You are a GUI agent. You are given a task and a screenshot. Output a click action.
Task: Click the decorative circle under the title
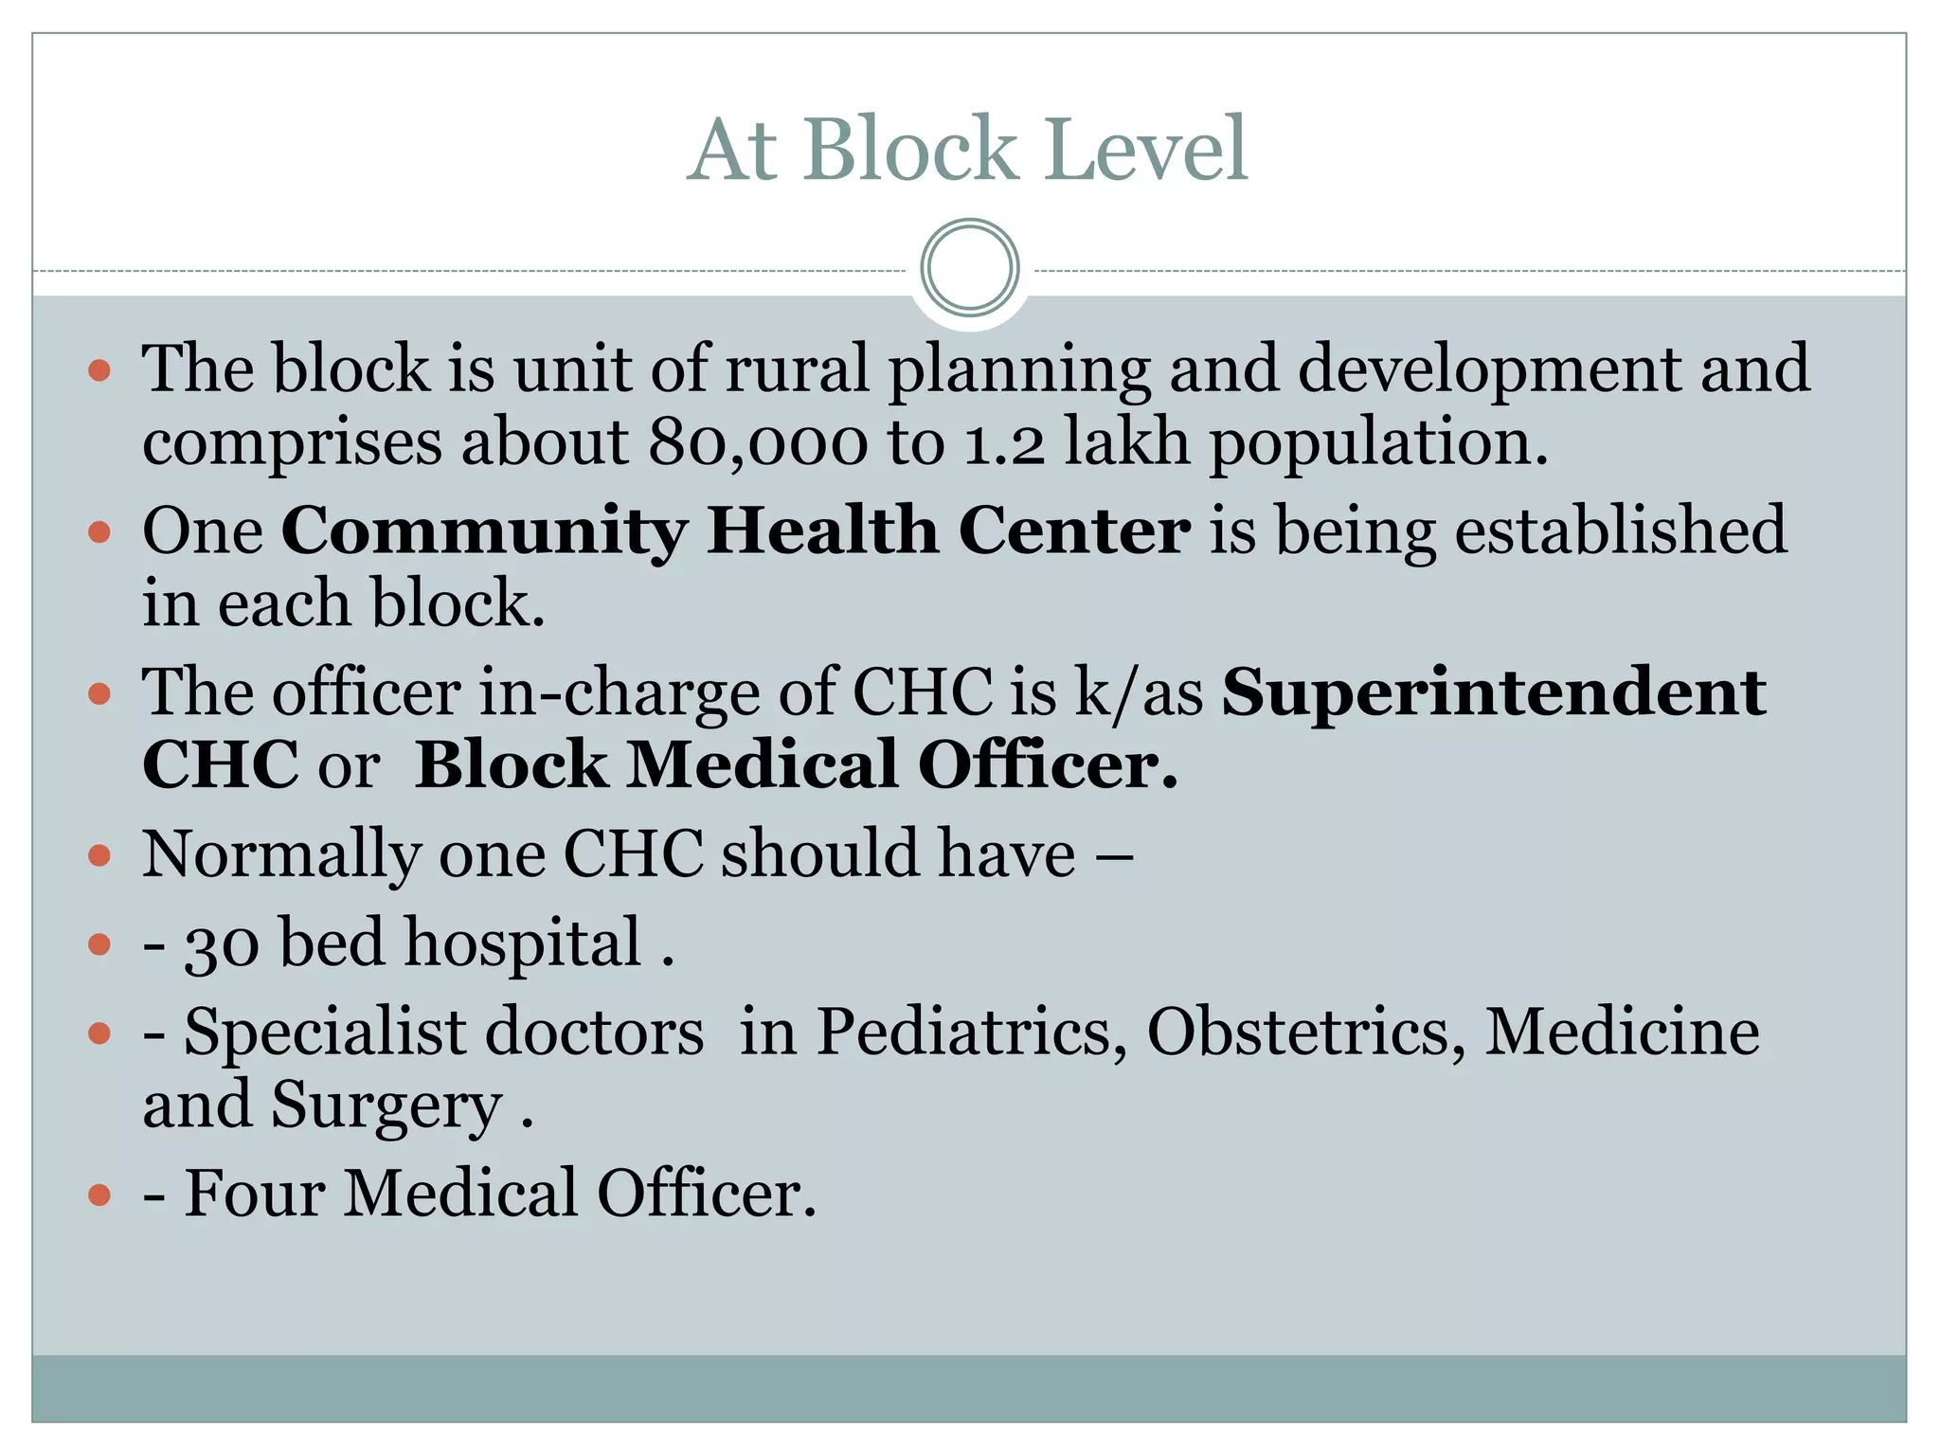(x=969, y=268)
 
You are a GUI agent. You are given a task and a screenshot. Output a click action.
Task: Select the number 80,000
(x=758, y=442)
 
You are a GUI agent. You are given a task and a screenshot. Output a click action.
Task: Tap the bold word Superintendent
(x=1493, y=692)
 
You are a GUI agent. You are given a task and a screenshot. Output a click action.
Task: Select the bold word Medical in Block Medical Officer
(x=762, y=764)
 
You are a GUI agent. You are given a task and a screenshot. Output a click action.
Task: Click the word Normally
(x=280, y=855)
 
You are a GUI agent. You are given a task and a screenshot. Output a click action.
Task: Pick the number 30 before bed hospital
(x=222, y=945)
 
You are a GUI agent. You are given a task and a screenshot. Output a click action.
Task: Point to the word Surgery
(x=386, y=1106)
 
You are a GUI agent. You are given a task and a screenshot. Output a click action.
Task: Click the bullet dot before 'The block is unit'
(x=99, y=369)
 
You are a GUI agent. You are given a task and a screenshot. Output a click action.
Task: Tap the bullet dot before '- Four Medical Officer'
(x=99, y=1195)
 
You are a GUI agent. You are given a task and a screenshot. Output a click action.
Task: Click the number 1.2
(x=1004, y=442)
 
